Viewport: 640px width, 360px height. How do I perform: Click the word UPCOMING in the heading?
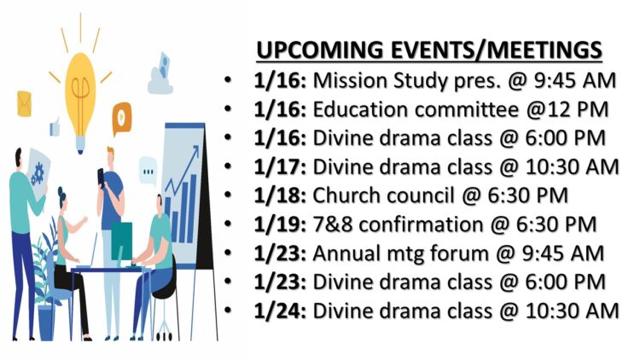pyautogui.click(x=320, y=49)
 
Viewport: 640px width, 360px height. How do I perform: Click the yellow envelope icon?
pyautogui.click(x=24, y=104)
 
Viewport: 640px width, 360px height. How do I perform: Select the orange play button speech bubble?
pyautogui.click(x=122, y=119)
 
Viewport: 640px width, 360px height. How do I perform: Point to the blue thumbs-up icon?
pyautogui.click(x=55, y=127)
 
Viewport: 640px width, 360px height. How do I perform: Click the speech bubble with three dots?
pyautogui.click(x=148, y=171)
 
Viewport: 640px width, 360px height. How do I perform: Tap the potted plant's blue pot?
pyautogui.click(x=46, y=323)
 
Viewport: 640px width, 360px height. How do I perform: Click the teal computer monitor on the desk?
pyautogui.click(x=122, y=241)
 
